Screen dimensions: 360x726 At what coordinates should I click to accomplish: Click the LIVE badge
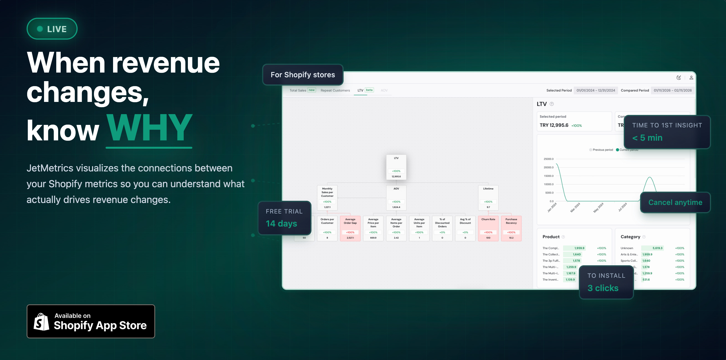point(52,29)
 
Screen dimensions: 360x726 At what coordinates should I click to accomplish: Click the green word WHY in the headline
point(149,128)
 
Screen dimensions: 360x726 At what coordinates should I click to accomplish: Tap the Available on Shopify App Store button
point(91,321)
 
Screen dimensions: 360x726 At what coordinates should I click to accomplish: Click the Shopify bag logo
point(42,322)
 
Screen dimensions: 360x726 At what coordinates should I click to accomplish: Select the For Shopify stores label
point(303,75)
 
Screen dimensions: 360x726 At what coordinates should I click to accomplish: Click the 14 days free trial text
point(281,223)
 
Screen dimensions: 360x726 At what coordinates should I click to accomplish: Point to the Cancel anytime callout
point(675,202)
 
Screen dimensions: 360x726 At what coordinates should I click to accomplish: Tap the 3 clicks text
point(603,288)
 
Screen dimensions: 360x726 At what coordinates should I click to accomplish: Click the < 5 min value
point(647,138)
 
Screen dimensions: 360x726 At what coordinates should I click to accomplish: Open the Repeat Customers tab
point(335,91)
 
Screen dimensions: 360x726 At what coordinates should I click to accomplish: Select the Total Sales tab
point(298,91)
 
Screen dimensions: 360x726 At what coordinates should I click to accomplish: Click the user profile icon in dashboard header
point(691,78)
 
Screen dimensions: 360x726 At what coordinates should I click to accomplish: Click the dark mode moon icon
point(679,78)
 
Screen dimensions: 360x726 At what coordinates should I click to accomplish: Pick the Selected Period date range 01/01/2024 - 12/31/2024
point(595,91)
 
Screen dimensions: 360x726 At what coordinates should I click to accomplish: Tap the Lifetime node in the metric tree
point(488,197)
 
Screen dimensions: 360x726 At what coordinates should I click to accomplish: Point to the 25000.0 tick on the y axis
point(548,159)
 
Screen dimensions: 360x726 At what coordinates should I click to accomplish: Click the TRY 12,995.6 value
point(554,125)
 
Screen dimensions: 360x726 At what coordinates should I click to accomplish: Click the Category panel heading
point(630,237)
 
